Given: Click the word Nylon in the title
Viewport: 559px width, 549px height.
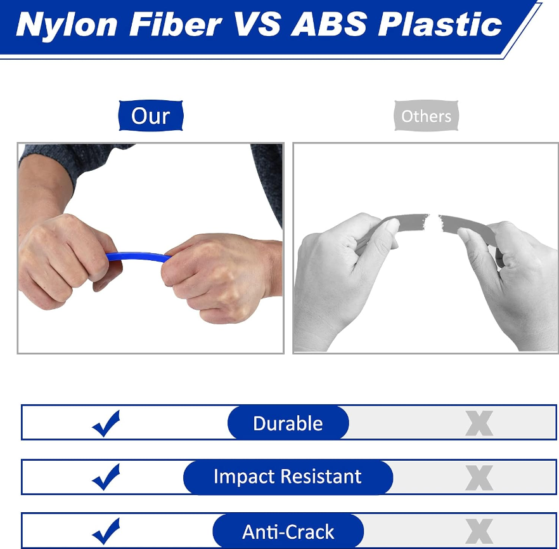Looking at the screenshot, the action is pos(67,25).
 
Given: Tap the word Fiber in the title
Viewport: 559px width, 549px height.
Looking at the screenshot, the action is pos(176,24).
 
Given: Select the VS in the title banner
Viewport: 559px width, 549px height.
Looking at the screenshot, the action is pos(256,24).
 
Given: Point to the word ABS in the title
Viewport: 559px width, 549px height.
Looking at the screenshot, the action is pos(329,24).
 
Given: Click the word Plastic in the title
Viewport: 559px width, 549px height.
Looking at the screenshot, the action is pos(440,24).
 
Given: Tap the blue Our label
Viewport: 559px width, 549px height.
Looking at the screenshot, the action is pos(151,116).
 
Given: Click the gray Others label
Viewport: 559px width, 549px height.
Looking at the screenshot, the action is pos(427,116).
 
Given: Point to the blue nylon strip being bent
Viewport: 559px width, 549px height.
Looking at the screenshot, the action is pos(138,256).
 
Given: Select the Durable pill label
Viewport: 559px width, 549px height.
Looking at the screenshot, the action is pos(288,423).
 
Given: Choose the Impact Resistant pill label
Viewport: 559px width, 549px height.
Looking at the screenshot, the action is pos(288,477).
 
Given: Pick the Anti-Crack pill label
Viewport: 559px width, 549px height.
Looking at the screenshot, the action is pos(288,531).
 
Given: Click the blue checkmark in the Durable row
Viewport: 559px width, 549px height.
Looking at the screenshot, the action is pos(106,424).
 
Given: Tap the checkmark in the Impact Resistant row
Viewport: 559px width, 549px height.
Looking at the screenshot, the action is pos(106,477).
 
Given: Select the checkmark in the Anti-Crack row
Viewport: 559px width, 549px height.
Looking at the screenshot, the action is pos(106,531).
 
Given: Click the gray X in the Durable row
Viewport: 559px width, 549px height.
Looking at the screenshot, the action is pos(479,423).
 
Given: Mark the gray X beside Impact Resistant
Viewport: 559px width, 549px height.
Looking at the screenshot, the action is pos(479,478).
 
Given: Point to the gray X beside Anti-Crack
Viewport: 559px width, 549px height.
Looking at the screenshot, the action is pos(479,531).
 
